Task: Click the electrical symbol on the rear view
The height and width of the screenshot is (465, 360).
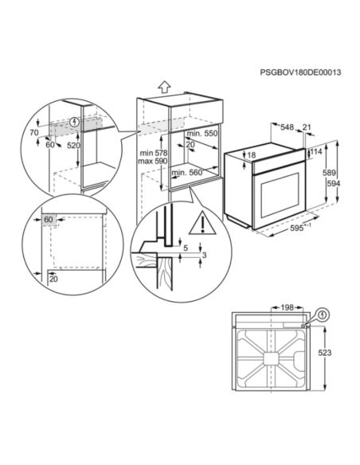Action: pos(322,315)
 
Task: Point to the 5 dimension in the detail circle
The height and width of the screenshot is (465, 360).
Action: pos(185,247)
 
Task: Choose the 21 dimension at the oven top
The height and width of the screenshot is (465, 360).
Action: pos(307,126)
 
